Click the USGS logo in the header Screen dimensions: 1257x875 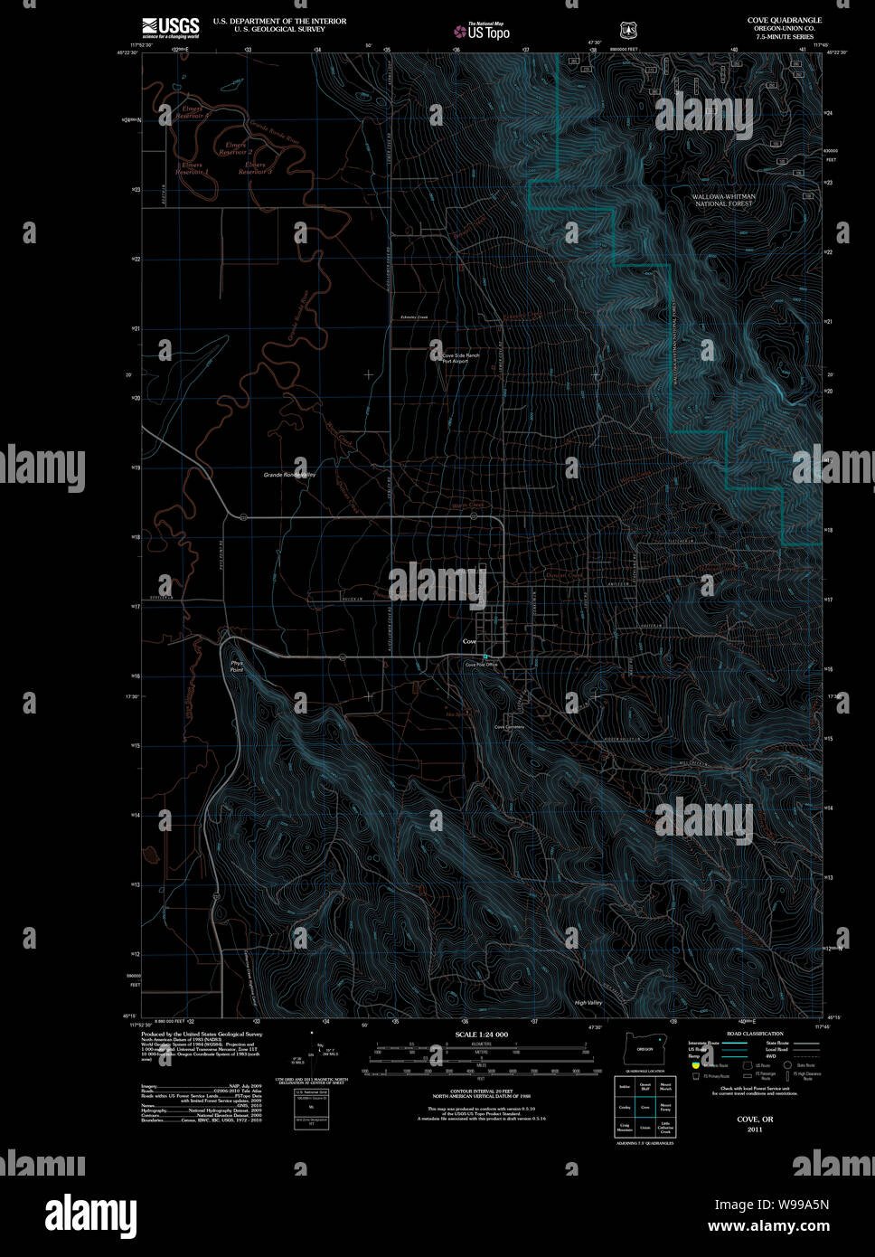[x=170, y=27]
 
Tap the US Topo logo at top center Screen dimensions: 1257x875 [x=483, y=31]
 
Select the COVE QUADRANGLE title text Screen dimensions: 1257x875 [x=784, y=20]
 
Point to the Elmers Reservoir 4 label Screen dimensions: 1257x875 [x=191, y=113]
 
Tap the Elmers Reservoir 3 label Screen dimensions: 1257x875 [x=255, y=167]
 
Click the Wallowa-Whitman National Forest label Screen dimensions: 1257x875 [x=723, y=200]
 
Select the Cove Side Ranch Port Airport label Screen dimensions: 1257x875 [x=460, y=358]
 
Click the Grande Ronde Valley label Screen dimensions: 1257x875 [x=288, y=474]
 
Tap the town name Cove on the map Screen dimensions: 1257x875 [x=469, y=641]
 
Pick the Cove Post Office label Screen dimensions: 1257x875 [x=481, y=665]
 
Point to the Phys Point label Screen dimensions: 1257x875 [x=237, y=666]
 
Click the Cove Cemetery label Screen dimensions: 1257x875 [x=509, y=727]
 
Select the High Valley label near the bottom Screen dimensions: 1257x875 [x=588, y=1003]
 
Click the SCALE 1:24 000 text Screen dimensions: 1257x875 [x=481, y=1034]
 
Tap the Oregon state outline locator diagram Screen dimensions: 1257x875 [x=644, y=1049]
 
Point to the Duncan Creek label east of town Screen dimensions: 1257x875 [x=564, y=575]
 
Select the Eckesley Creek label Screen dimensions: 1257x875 [x=407, y=317]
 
